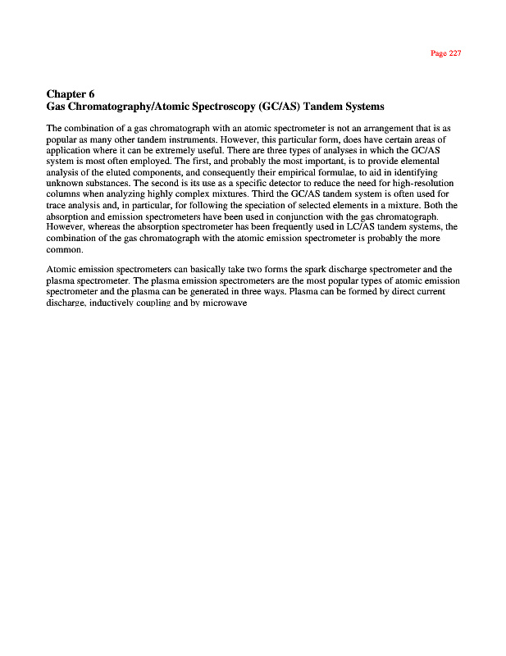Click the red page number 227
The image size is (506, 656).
(446, 53)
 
